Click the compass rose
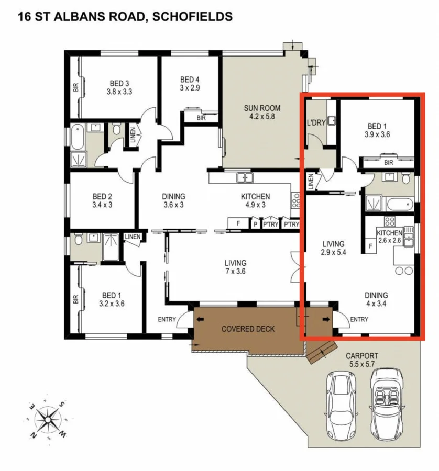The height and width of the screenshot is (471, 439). (x=48, y=420)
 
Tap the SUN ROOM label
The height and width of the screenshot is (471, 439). (x=262, y=108)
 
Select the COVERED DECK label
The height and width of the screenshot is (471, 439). (x=248, y=329)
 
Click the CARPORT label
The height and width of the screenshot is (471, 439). (x=361, y=356)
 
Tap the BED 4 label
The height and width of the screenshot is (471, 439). (x=190, y=80)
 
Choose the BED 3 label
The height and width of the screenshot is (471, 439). (x=119, y=83)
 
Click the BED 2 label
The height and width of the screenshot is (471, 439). (x=102, y=196)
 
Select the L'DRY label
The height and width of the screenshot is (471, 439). (x=316, y=122)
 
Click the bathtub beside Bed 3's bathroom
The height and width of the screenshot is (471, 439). (x=78, y=138)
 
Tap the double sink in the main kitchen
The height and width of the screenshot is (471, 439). (x=245, y=177)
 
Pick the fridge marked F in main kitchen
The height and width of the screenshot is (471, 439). (x=238, y=223)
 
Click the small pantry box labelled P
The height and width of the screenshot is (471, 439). (x=255, y=224)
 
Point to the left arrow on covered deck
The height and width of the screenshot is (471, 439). (x=200, y=320)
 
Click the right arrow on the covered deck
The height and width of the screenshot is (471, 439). (x=326, y=320)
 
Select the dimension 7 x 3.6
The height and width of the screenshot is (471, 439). (x=235, y=271)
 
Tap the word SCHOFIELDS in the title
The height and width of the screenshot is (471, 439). (x=193, y=16)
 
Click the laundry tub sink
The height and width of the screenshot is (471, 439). (x=332, y=121)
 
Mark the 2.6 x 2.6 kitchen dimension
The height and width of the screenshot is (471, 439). (x=389, y=240)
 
